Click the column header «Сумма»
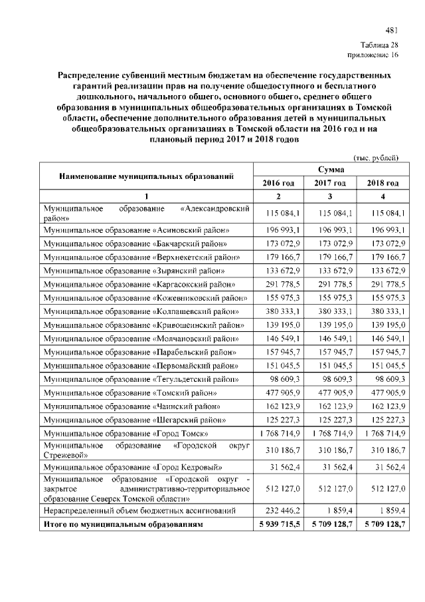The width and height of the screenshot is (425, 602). point(330,170)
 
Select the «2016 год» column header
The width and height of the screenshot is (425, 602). point(278,183)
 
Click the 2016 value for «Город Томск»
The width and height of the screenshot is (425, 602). point(278,434)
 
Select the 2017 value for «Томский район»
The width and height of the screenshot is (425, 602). point(330,392)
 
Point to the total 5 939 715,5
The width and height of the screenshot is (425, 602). point(278,524)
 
